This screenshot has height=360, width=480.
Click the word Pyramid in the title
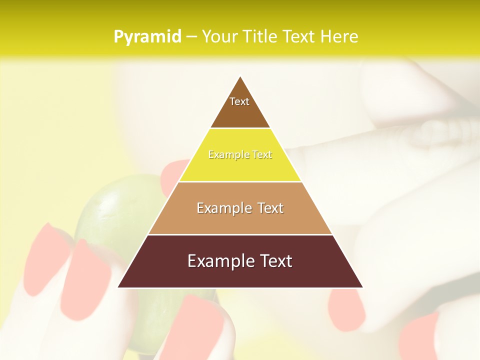point(147,37)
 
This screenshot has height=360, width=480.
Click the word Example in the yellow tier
point(224,155)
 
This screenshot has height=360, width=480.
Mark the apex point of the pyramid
point(240,76)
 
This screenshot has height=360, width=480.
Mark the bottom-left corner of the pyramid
point(118,287)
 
